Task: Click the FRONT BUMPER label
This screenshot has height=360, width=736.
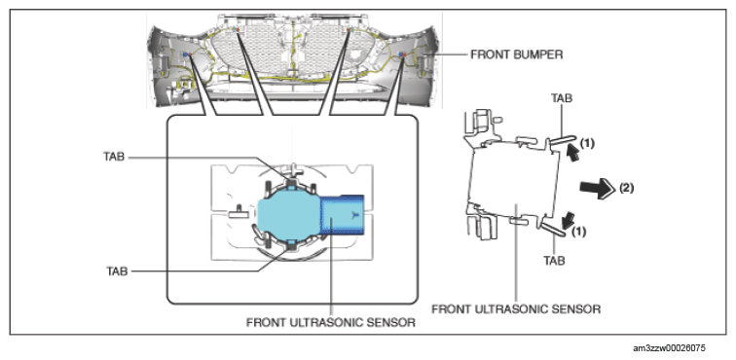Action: click(x=516, y=54)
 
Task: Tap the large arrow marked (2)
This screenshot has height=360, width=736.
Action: click(x=597, y=188)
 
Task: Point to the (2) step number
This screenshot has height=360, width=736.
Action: click(x=627, y=188)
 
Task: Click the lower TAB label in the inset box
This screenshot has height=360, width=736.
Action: click(x=116, y=271)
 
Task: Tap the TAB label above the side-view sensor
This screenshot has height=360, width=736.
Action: click(x=562, y=98)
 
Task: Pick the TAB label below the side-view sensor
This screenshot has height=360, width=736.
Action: click(x=553, y=260)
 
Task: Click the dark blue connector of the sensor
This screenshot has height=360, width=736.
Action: click(x=342, y=214)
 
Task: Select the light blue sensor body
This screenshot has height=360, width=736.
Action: click(x=288, y=214)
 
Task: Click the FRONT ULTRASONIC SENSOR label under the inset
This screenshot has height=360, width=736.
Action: click(x=331, y=323)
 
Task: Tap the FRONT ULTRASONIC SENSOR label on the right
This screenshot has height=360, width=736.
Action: click(x=516, y=309)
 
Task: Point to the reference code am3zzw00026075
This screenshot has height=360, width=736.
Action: click(x=669, y=348)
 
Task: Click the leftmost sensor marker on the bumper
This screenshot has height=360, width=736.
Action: click(x=187, y=54)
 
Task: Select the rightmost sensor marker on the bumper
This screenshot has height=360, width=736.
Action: click(x=402, y=54)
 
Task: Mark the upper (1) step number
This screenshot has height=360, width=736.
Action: click(x=586, y=144)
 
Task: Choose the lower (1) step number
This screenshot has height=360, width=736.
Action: click(x=578, y=232)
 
